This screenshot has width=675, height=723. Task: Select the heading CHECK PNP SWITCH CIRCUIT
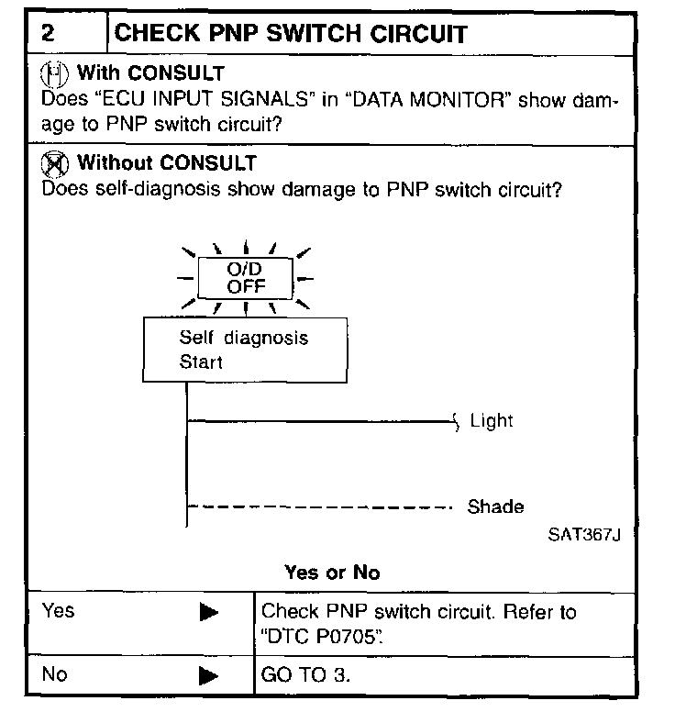click(x=291, y=35)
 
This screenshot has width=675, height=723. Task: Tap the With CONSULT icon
click(x=57, y=72)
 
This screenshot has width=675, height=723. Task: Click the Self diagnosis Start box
click(x=245, y=350)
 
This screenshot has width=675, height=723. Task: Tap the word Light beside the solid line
click(x=492, y=421)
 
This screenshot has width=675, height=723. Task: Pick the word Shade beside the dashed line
click(x=496, y=506)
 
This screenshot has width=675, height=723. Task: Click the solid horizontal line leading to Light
click(x=321, y=422)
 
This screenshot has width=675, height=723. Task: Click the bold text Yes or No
click(x=332, y=573)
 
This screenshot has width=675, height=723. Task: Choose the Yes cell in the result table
click(x=59, y=611)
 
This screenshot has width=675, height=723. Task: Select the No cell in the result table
click(x=55, y=675)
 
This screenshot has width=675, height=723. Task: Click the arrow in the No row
click(x=209, y=677)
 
